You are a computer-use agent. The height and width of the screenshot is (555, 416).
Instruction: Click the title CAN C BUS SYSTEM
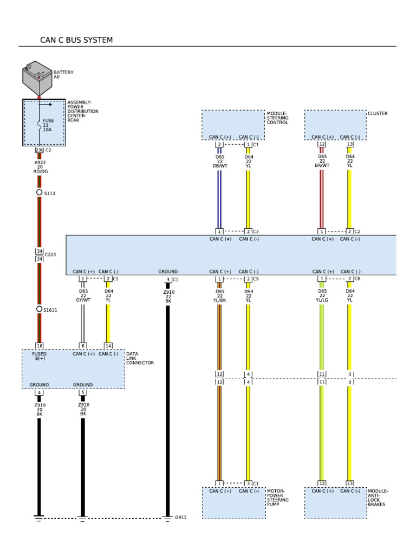pyautogui.click(x=76, y=41)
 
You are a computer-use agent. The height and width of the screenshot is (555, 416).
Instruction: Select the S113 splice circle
pyautogui.click(x=39, y=192)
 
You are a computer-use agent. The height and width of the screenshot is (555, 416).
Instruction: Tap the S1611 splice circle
pyautogui.click(x=39, y=309)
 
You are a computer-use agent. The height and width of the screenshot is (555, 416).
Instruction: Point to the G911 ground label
pyautogui.click(x=180, y=518)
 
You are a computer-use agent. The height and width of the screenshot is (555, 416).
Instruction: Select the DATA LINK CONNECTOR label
pyautogui.click(x=140, y=358)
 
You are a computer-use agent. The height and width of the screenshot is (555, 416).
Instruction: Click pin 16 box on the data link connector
pyautogui.click(x=39, y=345)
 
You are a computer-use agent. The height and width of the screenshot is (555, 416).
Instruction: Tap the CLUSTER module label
pyautogui.click(x=378, y=114)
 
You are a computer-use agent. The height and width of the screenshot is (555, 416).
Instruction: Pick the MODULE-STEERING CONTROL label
pyautogui.click(x=277, y=118)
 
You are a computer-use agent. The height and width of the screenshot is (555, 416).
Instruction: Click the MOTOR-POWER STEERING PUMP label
pyautogui.click(x=277, y=498)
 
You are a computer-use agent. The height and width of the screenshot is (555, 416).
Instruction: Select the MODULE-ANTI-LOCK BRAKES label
pyautogui.click(x=378, y=498)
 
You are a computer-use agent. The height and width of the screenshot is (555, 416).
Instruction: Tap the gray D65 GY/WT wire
pyautogui.click(x=83, y=322)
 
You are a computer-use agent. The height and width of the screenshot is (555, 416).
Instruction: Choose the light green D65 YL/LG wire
pyautogui.click(x=322, y=336)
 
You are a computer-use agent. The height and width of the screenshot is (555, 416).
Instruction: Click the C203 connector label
pyautogui.click(x=50, y=254)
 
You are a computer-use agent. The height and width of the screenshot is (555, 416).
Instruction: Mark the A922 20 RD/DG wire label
pyautogui.click(x=40, y=167)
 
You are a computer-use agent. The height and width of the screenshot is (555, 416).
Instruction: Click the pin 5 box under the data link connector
pyautogui.click(x=83, y=392)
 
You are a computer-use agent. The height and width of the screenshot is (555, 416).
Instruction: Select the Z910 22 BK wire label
pyautogui.click(x=168, y=296)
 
